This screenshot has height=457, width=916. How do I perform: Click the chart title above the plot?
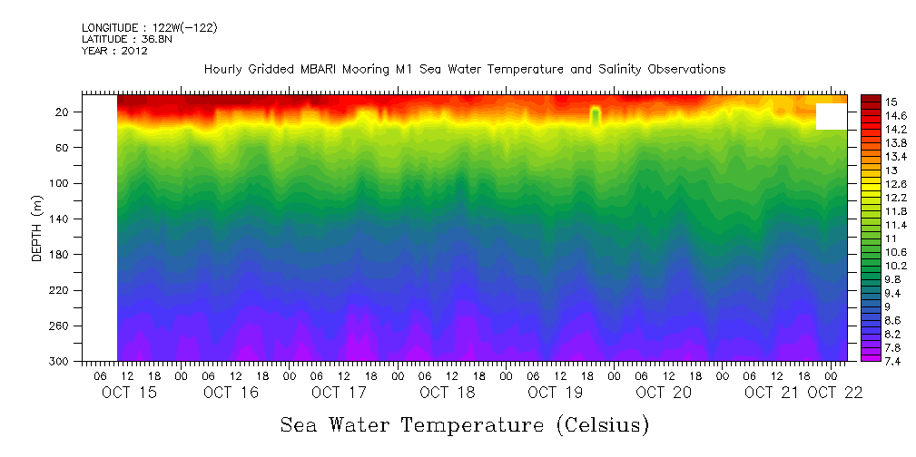465,69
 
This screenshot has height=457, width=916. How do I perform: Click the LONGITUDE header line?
149,28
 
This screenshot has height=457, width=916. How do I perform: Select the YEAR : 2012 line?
114,51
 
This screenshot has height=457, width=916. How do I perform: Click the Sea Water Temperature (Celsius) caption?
464,424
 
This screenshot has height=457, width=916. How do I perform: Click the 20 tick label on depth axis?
64,112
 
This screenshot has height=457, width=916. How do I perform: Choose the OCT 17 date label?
339,393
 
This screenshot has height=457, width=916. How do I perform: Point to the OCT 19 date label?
555,393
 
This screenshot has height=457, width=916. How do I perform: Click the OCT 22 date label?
835,393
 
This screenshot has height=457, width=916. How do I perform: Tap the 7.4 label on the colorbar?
892,361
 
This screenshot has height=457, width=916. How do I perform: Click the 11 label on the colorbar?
890,238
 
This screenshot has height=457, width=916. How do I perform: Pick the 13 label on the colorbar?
890,170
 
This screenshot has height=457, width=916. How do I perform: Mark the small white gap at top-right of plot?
831,116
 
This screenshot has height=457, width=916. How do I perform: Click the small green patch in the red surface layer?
596,115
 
